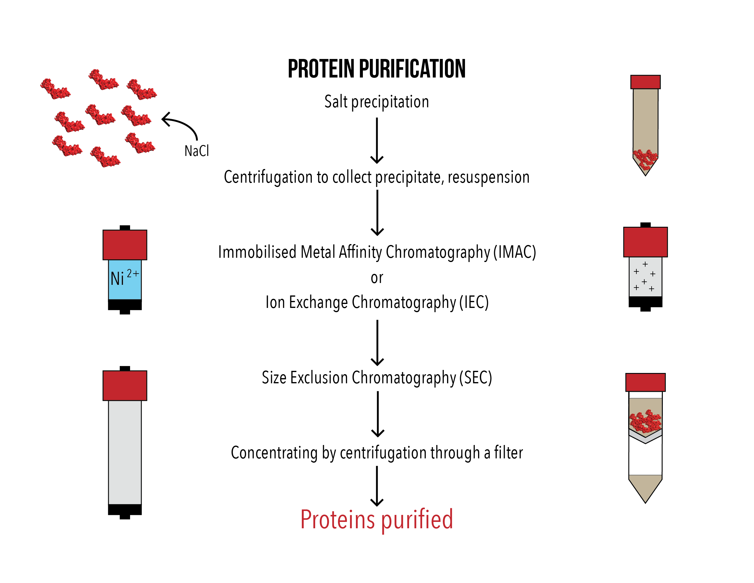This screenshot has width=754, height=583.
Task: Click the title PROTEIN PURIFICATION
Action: click(x=376, y=69)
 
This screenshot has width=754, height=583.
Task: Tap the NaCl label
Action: click(x=196, y=151)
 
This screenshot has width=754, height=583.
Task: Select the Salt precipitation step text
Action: click(x=376, y=102)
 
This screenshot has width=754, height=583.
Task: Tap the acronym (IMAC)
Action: click(x=515, y=252)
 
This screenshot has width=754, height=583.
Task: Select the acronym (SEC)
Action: click(x=475, y=378)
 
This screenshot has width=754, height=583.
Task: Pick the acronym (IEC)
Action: click(x=474, y=302)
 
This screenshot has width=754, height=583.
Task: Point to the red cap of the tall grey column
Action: click(x=125, y=385)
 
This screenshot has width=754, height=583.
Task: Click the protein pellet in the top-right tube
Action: click(x=645, y=159)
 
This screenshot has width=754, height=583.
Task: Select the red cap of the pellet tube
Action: click(x=645, y=82)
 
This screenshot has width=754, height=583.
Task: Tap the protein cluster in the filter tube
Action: click(x=645, y=421)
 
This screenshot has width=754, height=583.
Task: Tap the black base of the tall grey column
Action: click(x=125, y=510)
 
